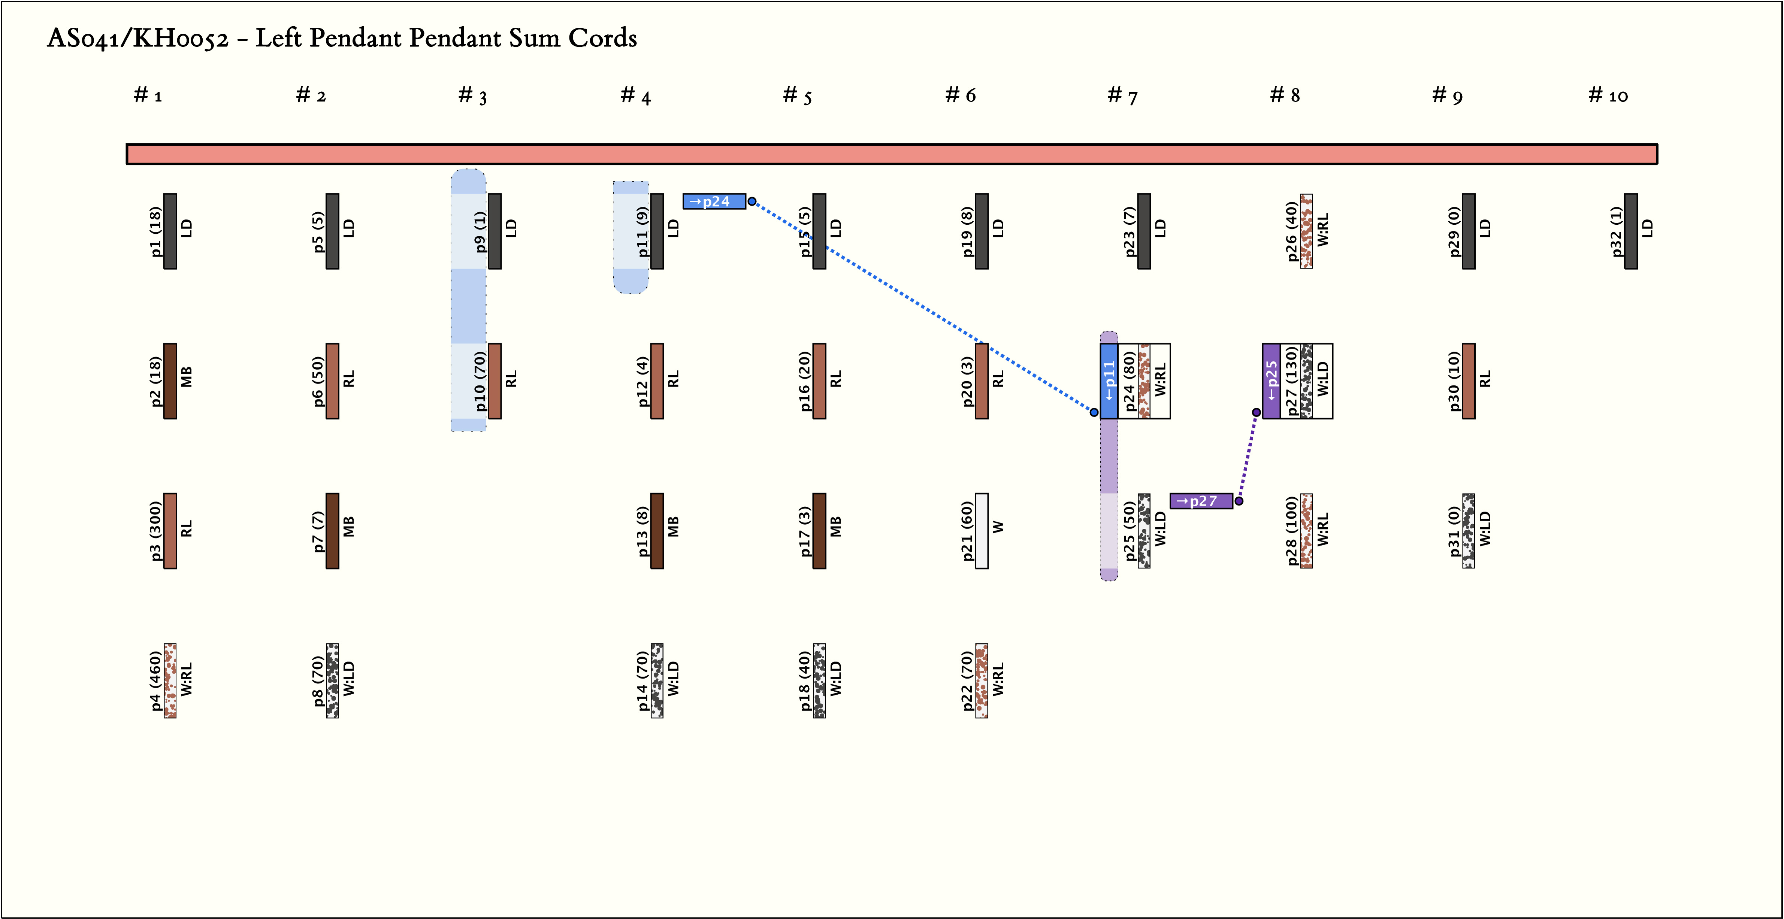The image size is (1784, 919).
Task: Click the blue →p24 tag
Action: click(714, 201)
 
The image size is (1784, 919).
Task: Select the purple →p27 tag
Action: click(1201, 501)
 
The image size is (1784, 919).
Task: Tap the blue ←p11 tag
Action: click(1109, 381)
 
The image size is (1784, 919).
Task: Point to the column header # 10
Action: click(1608, 95)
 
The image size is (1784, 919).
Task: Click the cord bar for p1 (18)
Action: click(170, 231)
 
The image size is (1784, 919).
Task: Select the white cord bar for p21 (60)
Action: click(981, 531)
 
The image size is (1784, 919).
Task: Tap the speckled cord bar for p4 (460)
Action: click(170, 681)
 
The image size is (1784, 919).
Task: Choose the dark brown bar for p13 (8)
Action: click(657, 531)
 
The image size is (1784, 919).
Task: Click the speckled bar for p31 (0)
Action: click(1468, 531)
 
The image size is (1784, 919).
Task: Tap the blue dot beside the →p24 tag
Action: click(752, 201)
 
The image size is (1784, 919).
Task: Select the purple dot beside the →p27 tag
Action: click(1239, 501)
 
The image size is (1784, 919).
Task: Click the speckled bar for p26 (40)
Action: click(1306, 231)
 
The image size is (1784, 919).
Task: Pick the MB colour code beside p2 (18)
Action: click(186, 377)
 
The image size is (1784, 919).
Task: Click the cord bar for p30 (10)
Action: click(1468, 381)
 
